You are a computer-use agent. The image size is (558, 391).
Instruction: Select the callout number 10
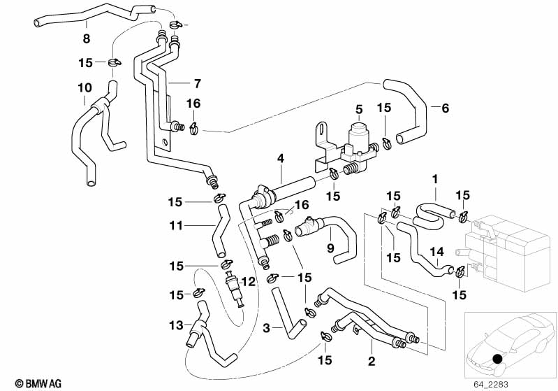point(84,88)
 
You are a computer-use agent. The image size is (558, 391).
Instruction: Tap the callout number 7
point(197,84)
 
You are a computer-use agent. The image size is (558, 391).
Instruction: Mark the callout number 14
point(436,251)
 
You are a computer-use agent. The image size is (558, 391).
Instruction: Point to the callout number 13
point(177,325)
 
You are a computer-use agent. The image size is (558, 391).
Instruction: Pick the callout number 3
point(267,327)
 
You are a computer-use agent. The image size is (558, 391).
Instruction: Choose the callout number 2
point(372,361)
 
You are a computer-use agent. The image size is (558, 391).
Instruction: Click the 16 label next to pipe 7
point(193,104)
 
